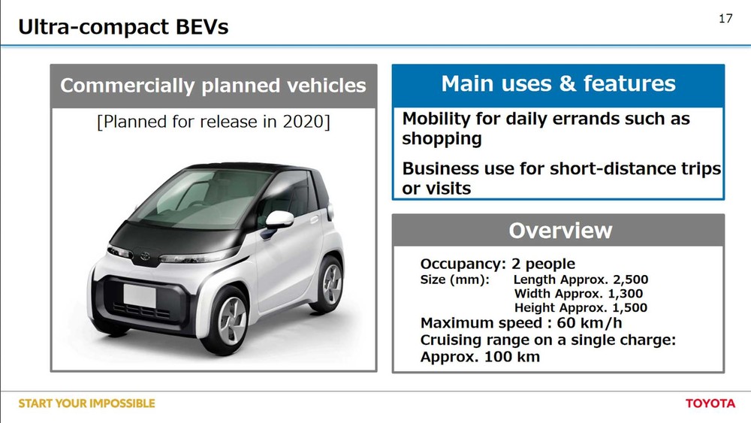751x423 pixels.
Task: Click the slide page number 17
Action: click(725, 18)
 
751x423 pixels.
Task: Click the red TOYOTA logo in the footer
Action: click(710, 403)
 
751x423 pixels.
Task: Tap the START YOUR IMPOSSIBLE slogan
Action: click(86, 403)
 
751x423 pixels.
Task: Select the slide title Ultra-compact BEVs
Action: click(123, 26)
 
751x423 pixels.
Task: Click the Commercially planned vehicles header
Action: click(213, 86)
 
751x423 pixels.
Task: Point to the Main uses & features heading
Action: click(558, 83)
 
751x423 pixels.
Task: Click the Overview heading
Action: click(560, 231)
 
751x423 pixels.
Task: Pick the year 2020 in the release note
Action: click(303, 122)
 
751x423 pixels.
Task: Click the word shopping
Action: click(442, 139)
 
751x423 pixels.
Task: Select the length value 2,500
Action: click(630, 279)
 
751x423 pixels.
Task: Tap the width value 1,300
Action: click(626, 294)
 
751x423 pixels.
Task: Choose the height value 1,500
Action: click(630, 307)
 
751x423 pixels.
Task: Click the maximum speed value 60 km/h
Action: click(589, 323)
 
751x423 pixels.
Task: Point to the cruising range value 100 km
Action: click(512, 357)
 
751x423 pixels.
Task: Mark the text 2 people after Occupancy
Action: click(543, 264)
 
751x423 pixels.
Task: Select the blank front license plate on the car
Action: click(140, 295)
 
